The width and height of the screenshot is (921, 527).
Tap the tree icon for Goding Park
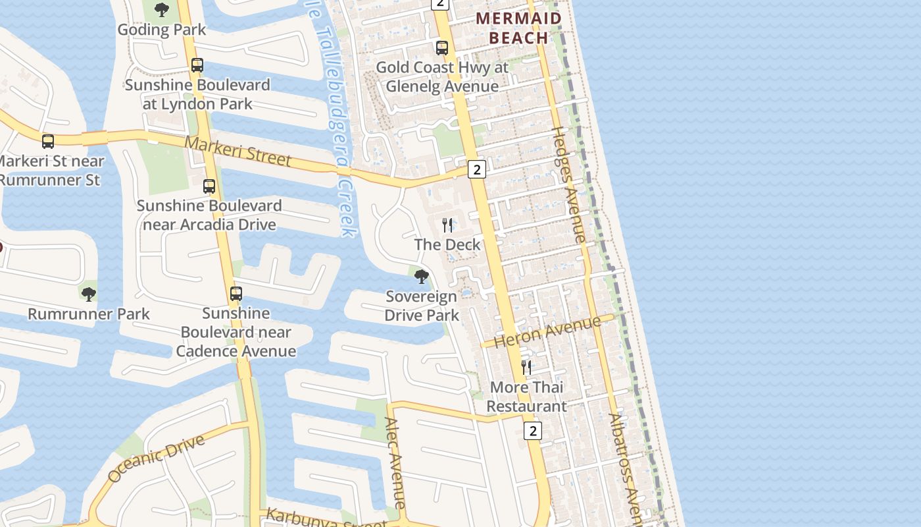pos(161,10)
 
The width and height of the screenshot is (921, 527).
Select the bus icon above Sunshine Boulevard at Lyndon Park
pos(197,65)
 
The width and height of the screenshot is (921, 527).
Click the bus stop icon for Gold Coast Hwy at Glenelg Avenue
pos(442,48)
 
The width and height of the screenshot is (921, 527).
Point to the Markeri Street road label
pos(237,151)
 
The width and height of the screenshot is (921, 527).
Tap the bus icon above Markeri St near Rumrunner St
pos(48,141)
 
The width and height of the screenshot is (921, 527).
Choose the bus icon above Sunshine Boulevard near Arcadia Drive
pos(209,186)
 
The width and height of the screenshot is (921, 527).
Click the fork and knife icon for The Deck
pos(447,225)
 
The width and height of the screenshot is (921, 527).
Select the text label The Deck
pos(447,244)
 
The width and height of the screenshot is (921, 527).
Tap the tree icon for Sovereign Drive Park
pos(422,277)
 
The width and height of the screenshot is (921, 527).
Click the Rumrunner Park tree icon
pos(88,294)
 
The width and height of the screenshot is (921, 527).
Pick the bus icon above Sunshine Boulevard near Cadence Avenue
pos(236,294)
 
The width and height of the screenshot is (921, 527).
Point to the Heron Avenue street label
pos(547,331)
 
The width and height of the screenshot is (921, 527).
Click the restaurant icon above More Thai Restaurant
pos(526,367)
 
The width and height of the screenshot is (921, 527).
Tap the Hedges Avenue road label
pos(568,185)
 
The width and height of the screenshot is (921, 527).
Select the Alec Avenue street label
pos(396,462)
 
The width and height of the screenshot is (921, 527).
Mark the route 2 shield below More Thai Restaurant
pos(532,431)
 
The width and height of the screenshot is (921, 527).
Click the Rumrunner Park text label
pos(89,314)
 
